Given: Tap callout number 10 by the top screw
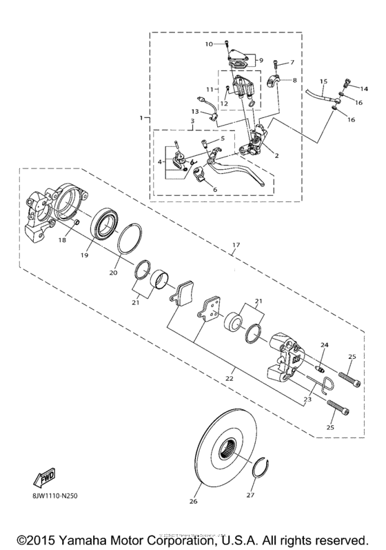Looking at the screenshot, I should [209, 44].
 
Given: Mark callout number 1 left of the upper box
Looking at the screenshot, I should [141, 118].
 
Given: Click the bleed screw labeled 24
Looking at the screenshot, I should [322, 360].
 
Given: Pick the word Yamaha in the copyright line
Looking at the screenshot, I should [101, 537].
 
